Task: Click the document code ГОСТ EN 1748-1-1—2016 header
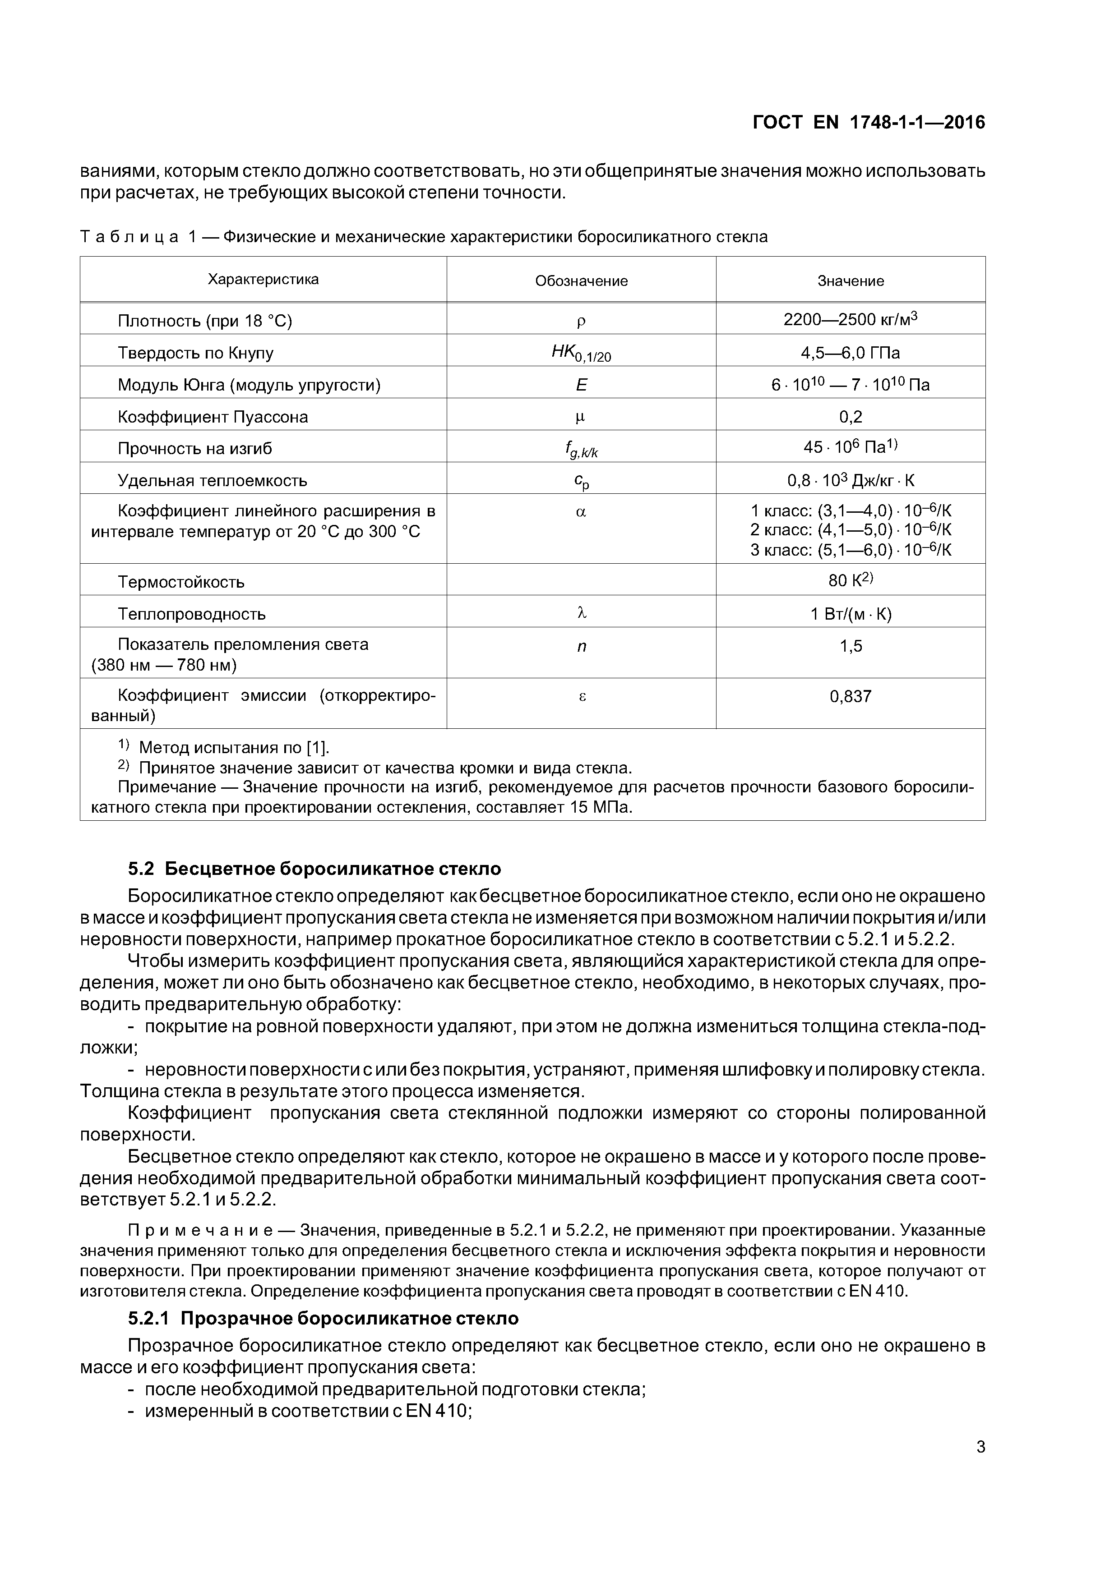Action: [x=868, y=123]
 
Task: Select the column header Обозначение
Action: [x=581, y=281]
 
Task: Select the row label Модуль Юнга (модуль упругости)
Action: [x=249, y=385]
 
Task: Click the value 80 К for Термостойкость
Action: [x=850, y=581]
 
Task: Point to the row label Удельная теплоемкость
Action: [x=213, y=480]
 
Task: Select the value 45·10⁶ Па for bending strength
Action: [x=850, y=448]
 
